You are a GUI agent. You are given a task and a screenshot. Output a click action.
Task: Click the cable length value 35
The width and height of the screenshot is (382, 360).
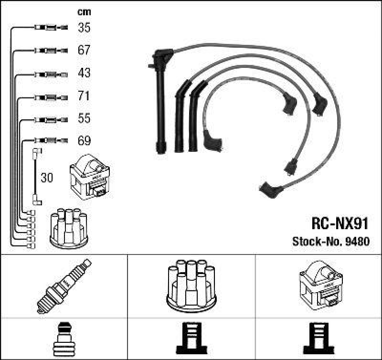[x=84, y=28]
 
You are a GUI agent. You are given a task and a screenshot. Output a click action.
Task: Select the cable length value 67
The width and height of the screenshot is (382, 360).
[x=84, y=50]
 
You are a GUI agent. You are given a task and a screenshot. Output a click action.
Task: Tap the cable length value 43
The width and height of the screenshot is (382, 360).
[x=84, y=74]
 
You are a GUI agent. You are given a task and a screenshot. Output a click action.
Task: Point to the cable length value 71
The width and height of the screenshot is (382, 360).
[x=84, y=96]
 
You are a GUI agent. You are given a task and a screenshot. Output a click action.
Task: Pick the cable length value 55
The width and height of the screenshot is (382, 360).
[x=84, y=118]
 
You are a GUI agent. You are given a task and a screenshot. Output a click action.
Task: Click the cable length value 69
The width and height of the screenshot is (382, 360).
[x=84, y=141]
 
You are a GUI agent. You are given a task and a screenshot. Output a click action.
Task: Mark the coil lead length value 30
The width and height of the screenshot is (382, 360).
[x=47, y=178]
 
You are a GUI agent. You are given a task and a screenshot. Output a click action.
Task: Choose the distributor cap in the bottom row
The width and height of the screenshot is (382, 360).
[x=191, y=285]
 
